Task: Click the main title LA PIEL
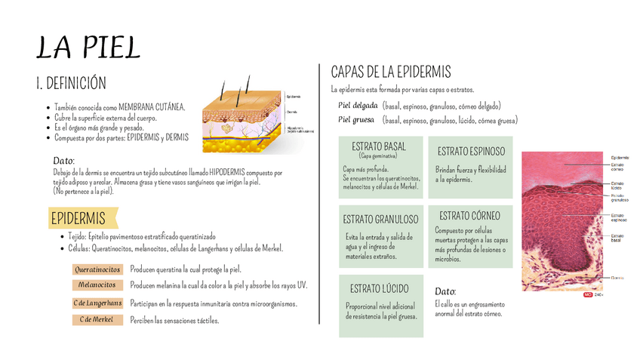point(89,48)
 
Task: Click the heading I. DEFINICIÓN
point(72,83)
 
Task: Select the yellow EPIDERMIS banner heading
point(78,219)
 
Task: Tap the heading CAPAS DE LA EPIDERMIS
point(391,72)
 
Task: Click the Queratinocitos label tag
point(97,269)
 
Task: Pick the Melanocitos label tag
point(97,285)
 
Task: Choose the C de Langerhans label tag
point(97,303)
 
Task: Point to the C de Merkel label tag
point(97,320)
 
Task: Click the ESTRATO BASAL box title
point(378,146)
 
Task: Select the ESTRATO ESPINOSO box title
point(471,152)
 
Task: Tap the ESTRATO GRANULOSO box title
point(380,220)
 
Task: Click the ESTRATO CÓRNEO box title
point(469,216)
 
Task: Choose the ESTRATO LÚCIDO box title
point(380,289)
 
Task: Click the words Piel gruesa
point(356,120)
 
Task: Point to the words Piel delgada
point(358,106)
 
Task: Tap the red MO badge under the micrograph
point(587,295)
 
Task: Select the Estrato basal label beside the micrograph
point(617,238)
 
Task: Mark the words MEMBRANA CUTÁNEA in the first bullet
point(152,107)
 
